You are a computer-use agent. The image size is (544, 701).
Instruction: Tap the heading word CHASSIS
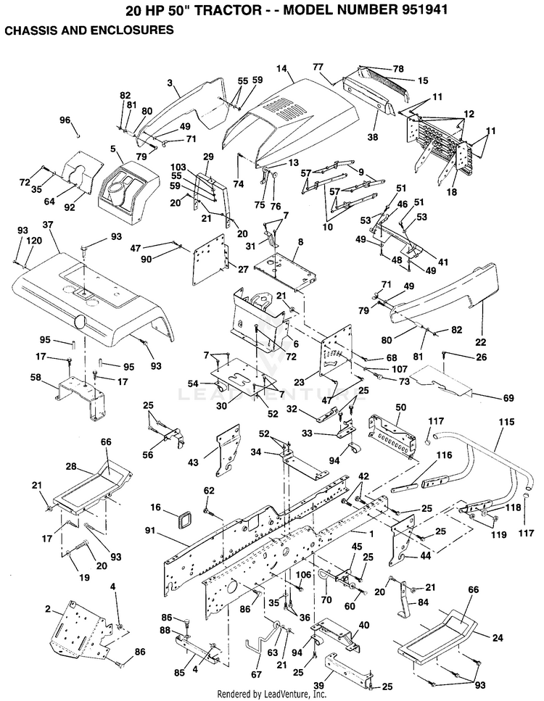[30, 30]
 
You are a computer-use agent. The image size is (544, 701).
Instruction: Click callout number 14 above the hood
[281, 69]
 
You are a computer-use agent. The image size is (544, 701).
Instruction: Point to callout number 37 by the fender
[48, 225]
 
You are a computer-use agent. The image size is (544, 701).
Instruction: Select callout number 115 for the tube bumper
[506, 422]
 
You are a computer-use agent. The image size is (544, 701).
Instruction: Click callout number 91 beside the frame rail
[151, 531]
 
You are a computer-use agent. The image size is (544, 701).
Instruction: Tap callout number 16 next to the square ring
[155, 507]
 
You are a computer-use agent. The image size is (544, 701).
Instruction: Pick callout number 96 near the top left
[65, 120]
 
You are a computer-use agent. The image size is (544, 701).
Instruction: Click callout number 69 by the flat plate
[508, 398]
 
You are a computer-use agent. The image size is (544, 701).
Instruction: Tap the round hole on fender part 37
[81, 320]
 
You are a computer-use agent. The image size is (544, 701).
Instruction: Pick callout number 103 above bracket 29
[178, 167]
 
